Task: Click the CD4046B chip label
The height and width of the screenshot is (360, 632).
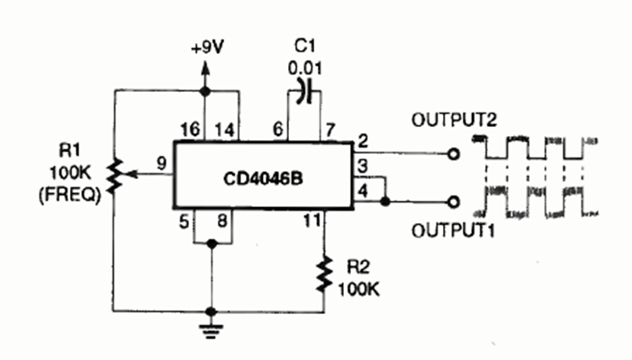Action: coord(263,179)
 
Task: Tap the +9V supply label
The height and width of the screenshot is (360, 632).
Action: coord(208,48)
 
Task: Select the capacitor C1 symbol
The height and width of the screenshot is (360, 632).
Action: coord(304,92)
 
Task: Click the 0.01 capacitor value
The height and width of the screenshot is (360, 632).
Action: coord(305,68)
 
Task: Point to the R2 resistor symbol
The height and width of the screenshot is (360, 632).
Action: coord(324,274)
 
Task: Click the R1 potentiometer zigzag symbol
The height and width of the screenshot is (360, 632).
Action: coord(115,175)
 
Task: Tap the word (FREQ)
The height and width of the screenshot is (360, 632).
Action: coord(69,195)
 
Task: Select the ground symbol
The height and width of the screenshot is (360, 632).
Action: coord(211,328)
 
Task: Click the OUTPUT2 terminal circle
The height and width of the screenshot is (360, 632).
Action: coord(454,154)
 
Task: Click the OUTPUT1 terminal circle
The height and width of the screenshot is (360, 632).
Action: coord(454,202)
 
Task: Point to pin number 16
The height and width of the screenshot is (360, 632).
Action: coord(190,130)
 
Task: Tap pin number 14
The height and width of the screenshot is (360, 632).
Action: coord(224,130)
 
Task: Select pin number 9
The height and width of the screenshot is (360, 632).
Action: coord(161,163)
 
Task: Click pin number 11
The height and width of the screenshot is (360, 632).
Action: coord(312,220)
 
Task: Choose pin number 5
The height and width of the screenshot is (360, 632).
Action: coord(184,221)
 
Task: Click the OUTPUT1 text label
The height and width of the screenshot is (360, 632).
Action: coord(454,230)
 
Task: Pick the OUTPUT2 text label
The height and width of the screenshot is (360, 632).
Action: coord(455,120)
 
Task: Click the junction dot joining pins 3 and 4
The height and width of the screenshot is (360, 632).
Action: coord(385,201)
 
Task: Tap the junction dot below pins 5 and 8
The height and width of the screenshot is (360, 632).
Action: coord(212,244)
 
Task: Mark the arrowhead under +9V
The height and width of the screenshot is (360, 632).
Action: coord(205,68)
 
